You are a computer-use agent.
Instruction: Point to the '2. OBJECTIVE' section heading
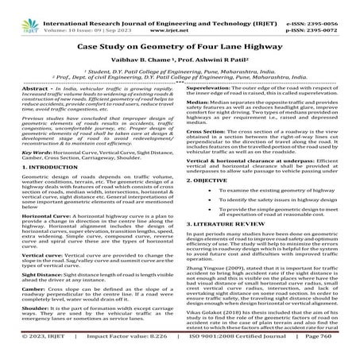tap(210, 181)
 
